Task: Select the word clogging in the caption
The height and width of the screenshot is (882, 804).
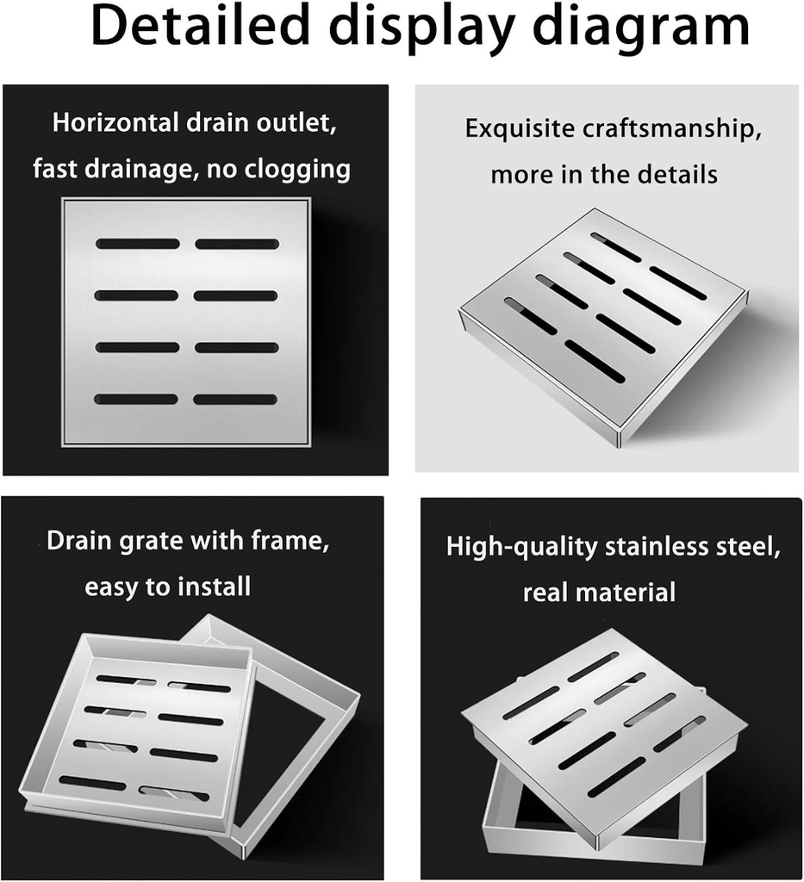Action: click(299, 169)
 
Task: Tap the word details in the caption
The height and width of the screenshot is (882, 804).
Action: click(677, 175)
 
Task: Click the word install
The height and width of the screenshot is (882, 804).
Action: click(215, 587)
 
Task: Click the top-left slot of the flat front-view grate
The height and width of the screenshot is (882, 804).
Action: click(138, 244)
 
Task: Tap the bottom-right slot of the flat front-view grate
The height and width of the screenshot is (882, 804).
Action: click(235, 400)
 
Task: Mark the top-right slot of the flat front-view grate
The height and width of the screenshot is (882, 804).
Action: click(237, 244)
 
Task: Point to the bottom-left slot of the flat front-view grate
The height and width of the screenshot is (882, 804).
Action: click(136, 399)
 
